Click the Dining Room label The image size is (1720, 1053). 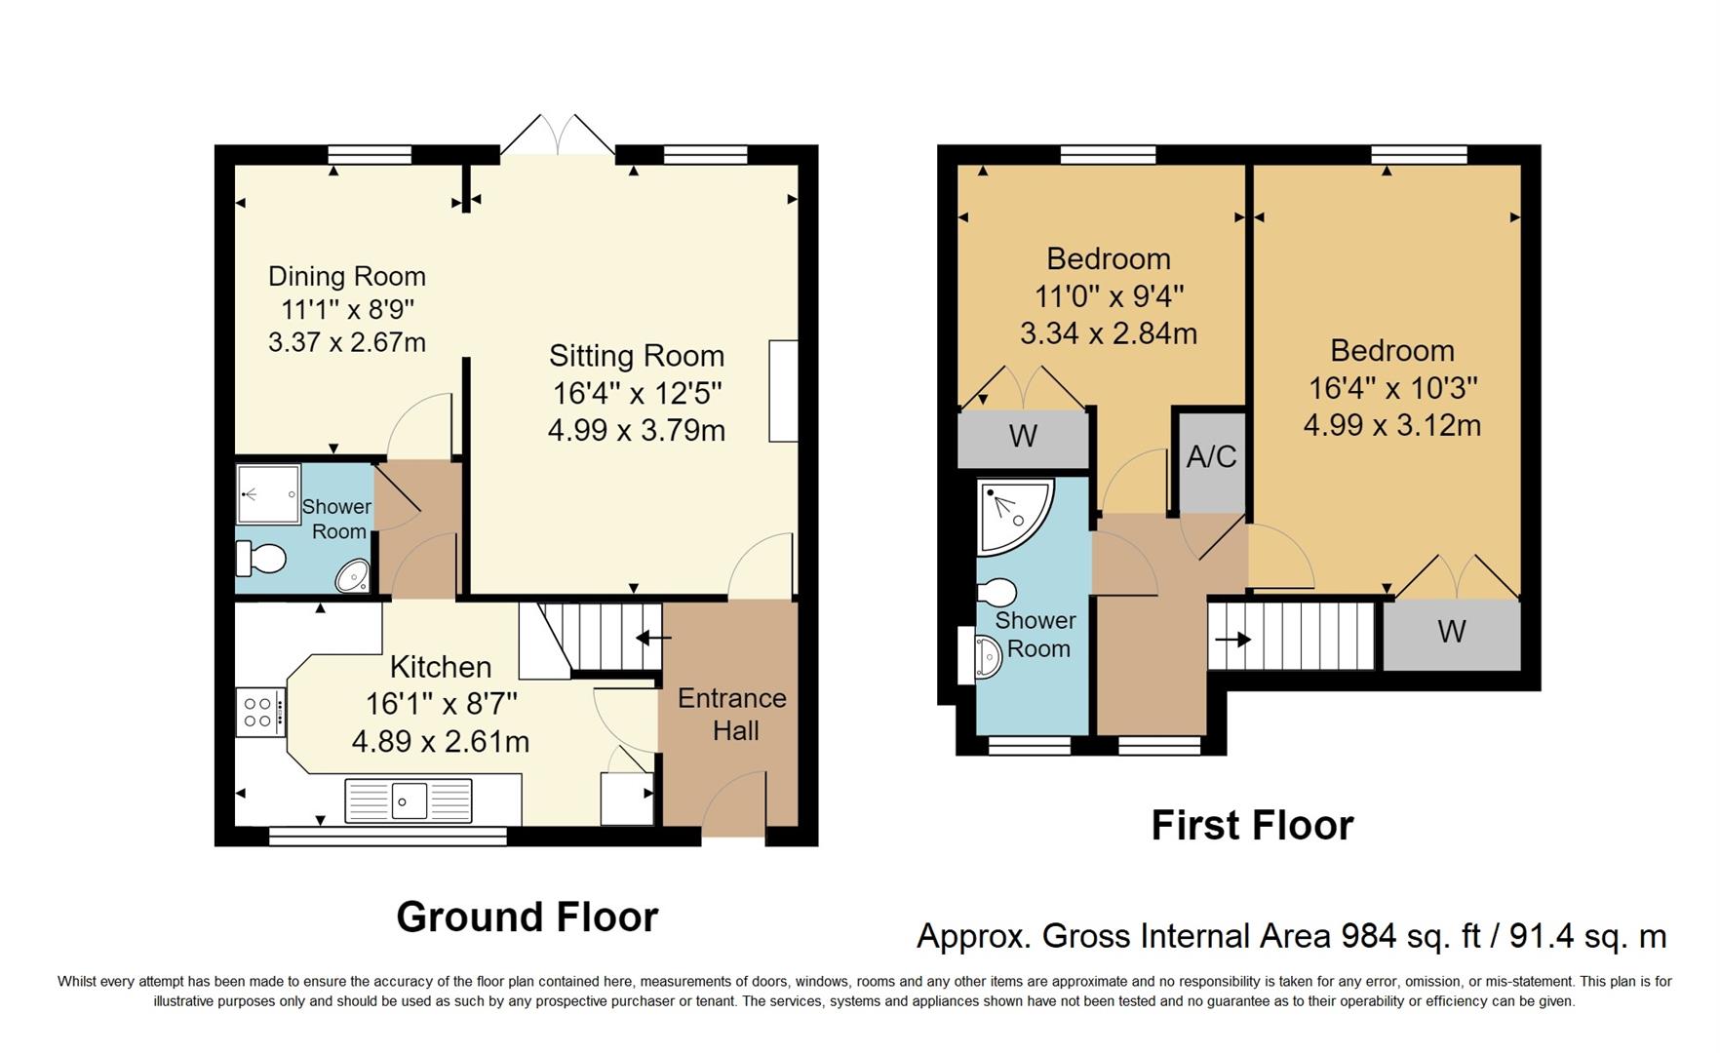(x=347, y=277)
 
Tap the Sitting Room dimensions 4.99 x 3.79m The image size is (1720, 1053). (x=636, y=430)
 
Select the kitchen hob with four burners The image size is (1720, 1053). (x=259, y=712)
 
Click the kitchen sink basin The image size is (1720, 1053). (x=410, y=800)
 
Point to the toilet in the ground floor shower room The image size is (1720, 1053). (x=260, y=559)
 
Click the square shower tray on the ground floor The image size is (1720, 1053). (x=269, y=493)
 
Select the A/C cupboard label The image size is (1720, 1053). (x=1211, y=456)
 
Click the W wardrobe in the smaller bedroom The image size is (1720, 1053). (x=1023, y=437)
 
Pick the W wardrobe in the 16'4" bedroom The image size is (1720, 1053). (x=1451, y=633)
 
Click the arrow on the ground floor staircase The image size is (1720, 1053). (x=653, y=639)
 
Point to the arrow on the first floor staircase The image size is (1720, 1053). (x=1232, y=640)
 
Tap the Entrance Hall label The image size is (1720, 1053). (x=732, y=714)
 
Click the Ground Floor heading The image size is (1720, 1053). (x=528, y=917)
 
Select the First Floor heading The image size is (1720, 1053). (x=1252, y=826)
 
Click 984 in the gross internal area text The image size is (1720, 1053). (x=1368, y=936)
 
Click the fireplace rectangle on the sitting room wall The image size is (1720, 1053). (x=783, y=391)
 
